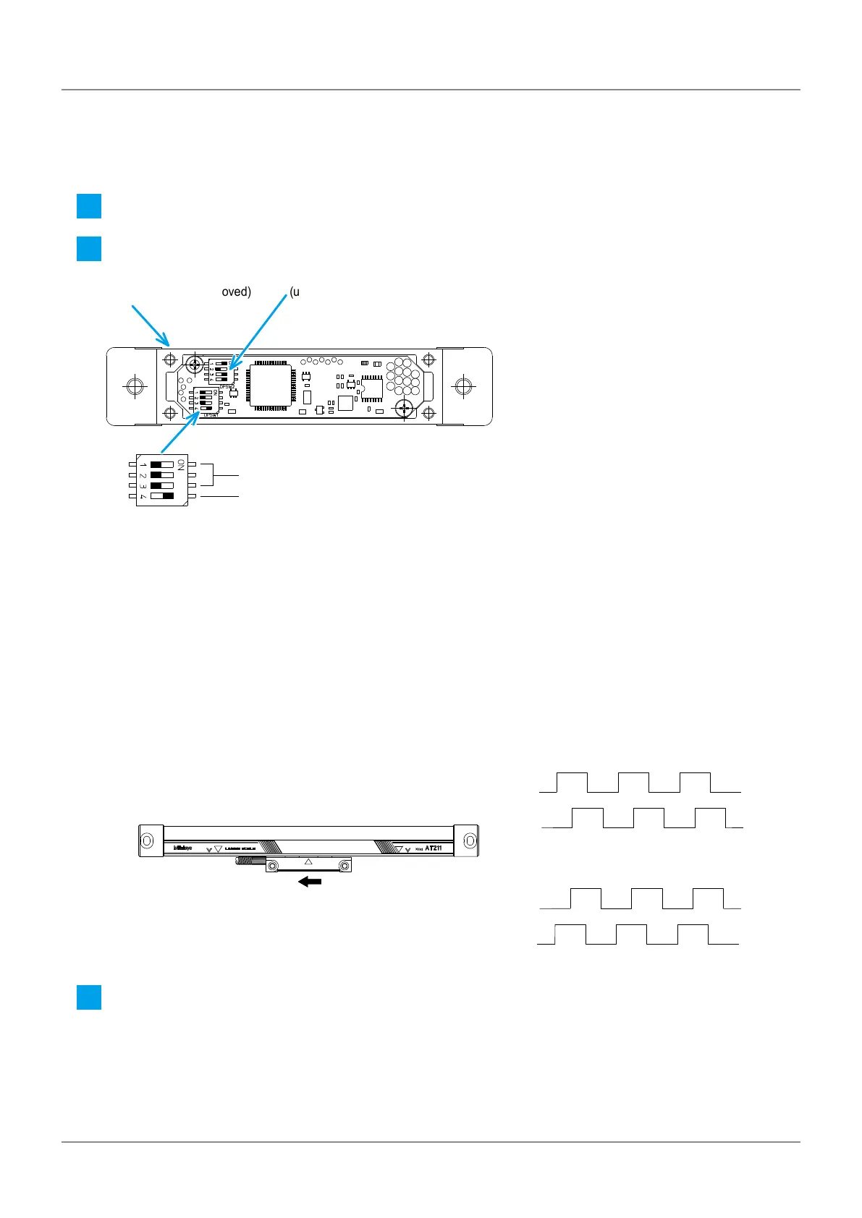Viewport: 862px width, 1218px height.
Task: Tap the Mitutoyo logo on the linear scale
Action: click(182, 848)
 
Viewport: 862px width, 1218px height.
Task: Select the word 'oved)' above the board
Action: click(236, 292)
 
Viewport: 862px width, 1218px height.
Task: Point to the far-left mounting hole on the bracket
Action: click(134, 386)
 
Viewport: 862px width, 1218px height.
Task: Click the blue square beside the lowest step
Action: click(89, 998)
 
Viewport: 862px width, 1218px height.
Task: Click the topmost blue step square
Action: click(89, 206)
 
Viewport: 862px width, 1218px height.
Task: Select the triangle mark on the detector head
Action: click(308, 861)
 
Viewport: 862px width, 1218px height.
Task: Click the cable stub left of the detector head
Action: click(250, 861)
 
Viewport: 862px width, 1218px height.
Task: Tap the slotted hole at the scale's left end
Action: click(147, 840)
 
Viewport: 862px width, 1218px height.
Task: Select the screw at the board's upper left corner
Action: click(195, 364)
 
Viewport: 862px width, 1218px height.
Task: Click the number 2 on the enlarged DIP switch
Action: click(143, 475)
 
